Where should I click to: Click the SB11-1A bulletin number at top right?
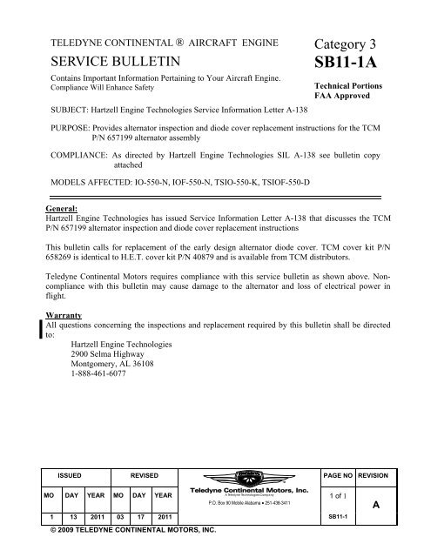[352, 67]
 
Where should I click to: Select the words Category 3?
[349, 44]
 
